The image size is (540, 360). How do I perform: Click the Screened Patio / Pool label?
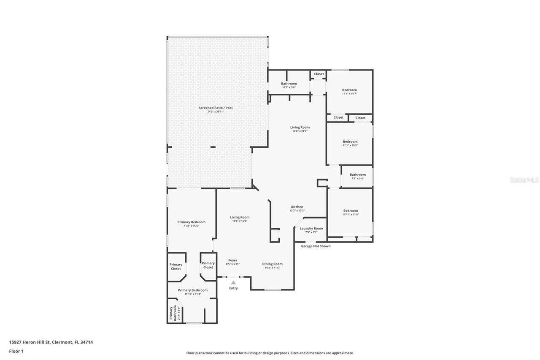pos(216,108)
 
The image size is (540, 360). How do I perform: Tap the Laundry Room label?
pos(311,228)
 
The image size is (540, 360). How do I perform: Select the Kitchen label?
pos(297,207)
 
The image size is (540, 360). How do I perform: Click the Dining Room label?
pos(273,264)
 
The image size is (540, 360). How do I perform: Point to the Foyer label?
pos(233,260)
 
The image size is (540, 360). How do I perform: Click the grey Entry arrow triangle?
pos(233,282)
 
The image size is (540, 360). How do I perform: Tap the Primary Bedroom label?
pos(191,222)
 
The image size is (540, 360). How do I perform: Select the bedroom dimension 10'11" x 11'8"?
pos(350,214)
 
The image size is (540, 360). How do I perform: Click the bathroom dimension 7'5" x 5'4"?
pos(357,179)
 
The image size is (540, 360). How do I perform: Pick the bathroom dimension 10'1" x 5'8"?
pos(289,87)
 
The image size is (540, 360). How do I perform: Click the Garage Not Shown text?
pos(316,246)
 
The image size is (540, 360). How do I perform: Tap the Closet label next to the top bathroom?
pos(319,74)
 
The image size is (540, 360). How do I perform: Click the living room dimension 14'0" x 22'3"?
pos(300,131)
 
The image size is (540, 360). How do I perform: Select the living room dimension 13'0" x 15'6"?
pos(240,221)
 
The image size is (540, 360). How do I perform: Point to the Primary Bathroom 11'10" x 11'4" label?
pos(192,294)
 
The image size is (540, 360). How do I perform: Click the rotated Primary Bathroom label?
pos(173,314)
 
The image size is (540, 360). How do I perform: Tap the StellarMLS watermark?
pos(524,180)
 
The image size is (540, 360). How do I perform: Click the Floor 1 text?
pos(16,351)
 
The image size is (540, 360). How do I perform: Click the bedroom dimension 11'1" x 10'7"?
pos(349,94)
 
